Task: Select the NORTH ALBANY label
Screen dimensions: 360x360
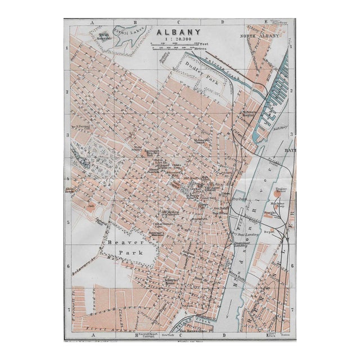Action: click(259, 36)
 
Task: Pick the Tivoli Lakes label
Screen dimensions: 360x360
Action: click(127, 31)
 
